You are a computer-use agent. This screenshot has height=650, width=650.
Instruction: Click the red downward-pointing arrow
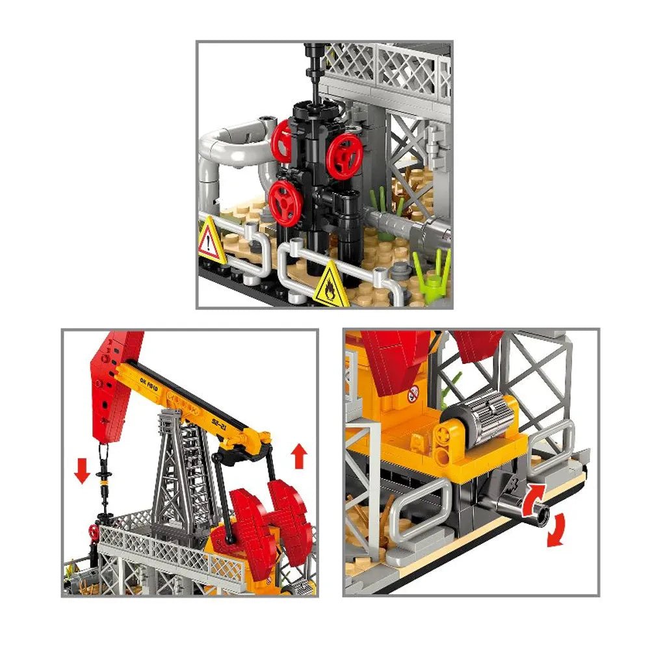[82, 470]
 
